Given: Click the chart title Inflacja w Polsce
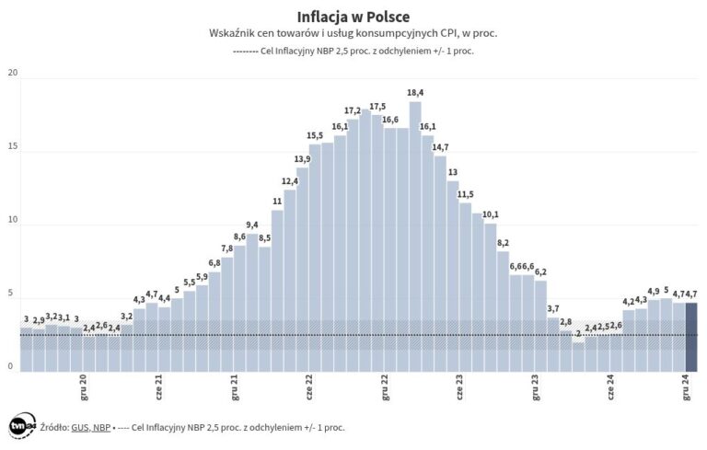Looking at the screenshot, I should (x=353, y=17).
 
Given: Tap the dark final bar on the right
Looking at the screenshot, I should (x=691, y=336).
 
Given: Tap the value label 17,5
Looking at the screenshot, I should (x=377, y=107).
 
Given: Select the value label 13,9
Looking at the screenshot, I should (x=302, y=159).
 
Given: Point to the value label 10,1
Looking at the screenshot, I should (x=490, y=214).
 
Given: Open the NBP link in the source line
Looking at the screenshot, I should (x=101, y=428).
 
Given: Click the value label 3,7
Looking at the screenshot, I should (x=553, y=308).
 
